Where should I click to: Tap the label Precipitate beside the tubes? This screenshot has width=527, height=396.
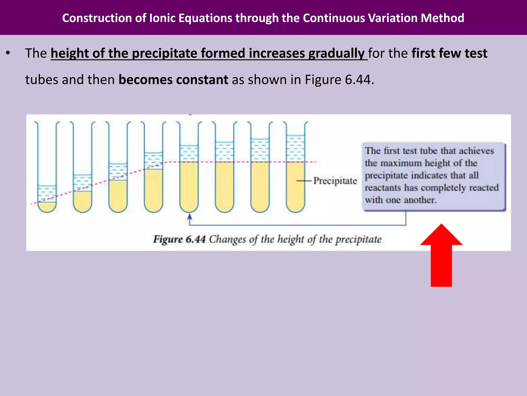[x=335, y=181]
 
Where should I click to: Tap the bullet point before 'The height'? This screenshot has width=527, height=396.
[x=8, y=53]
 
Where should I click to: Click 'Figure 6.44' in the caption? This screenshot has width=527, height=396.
[x=179, y=239]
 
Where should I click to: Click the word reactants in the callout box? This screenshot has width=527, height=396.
[x=383, y=188]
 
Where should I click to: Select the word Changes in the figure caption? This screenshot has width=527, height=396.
[x=227, y=239]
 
